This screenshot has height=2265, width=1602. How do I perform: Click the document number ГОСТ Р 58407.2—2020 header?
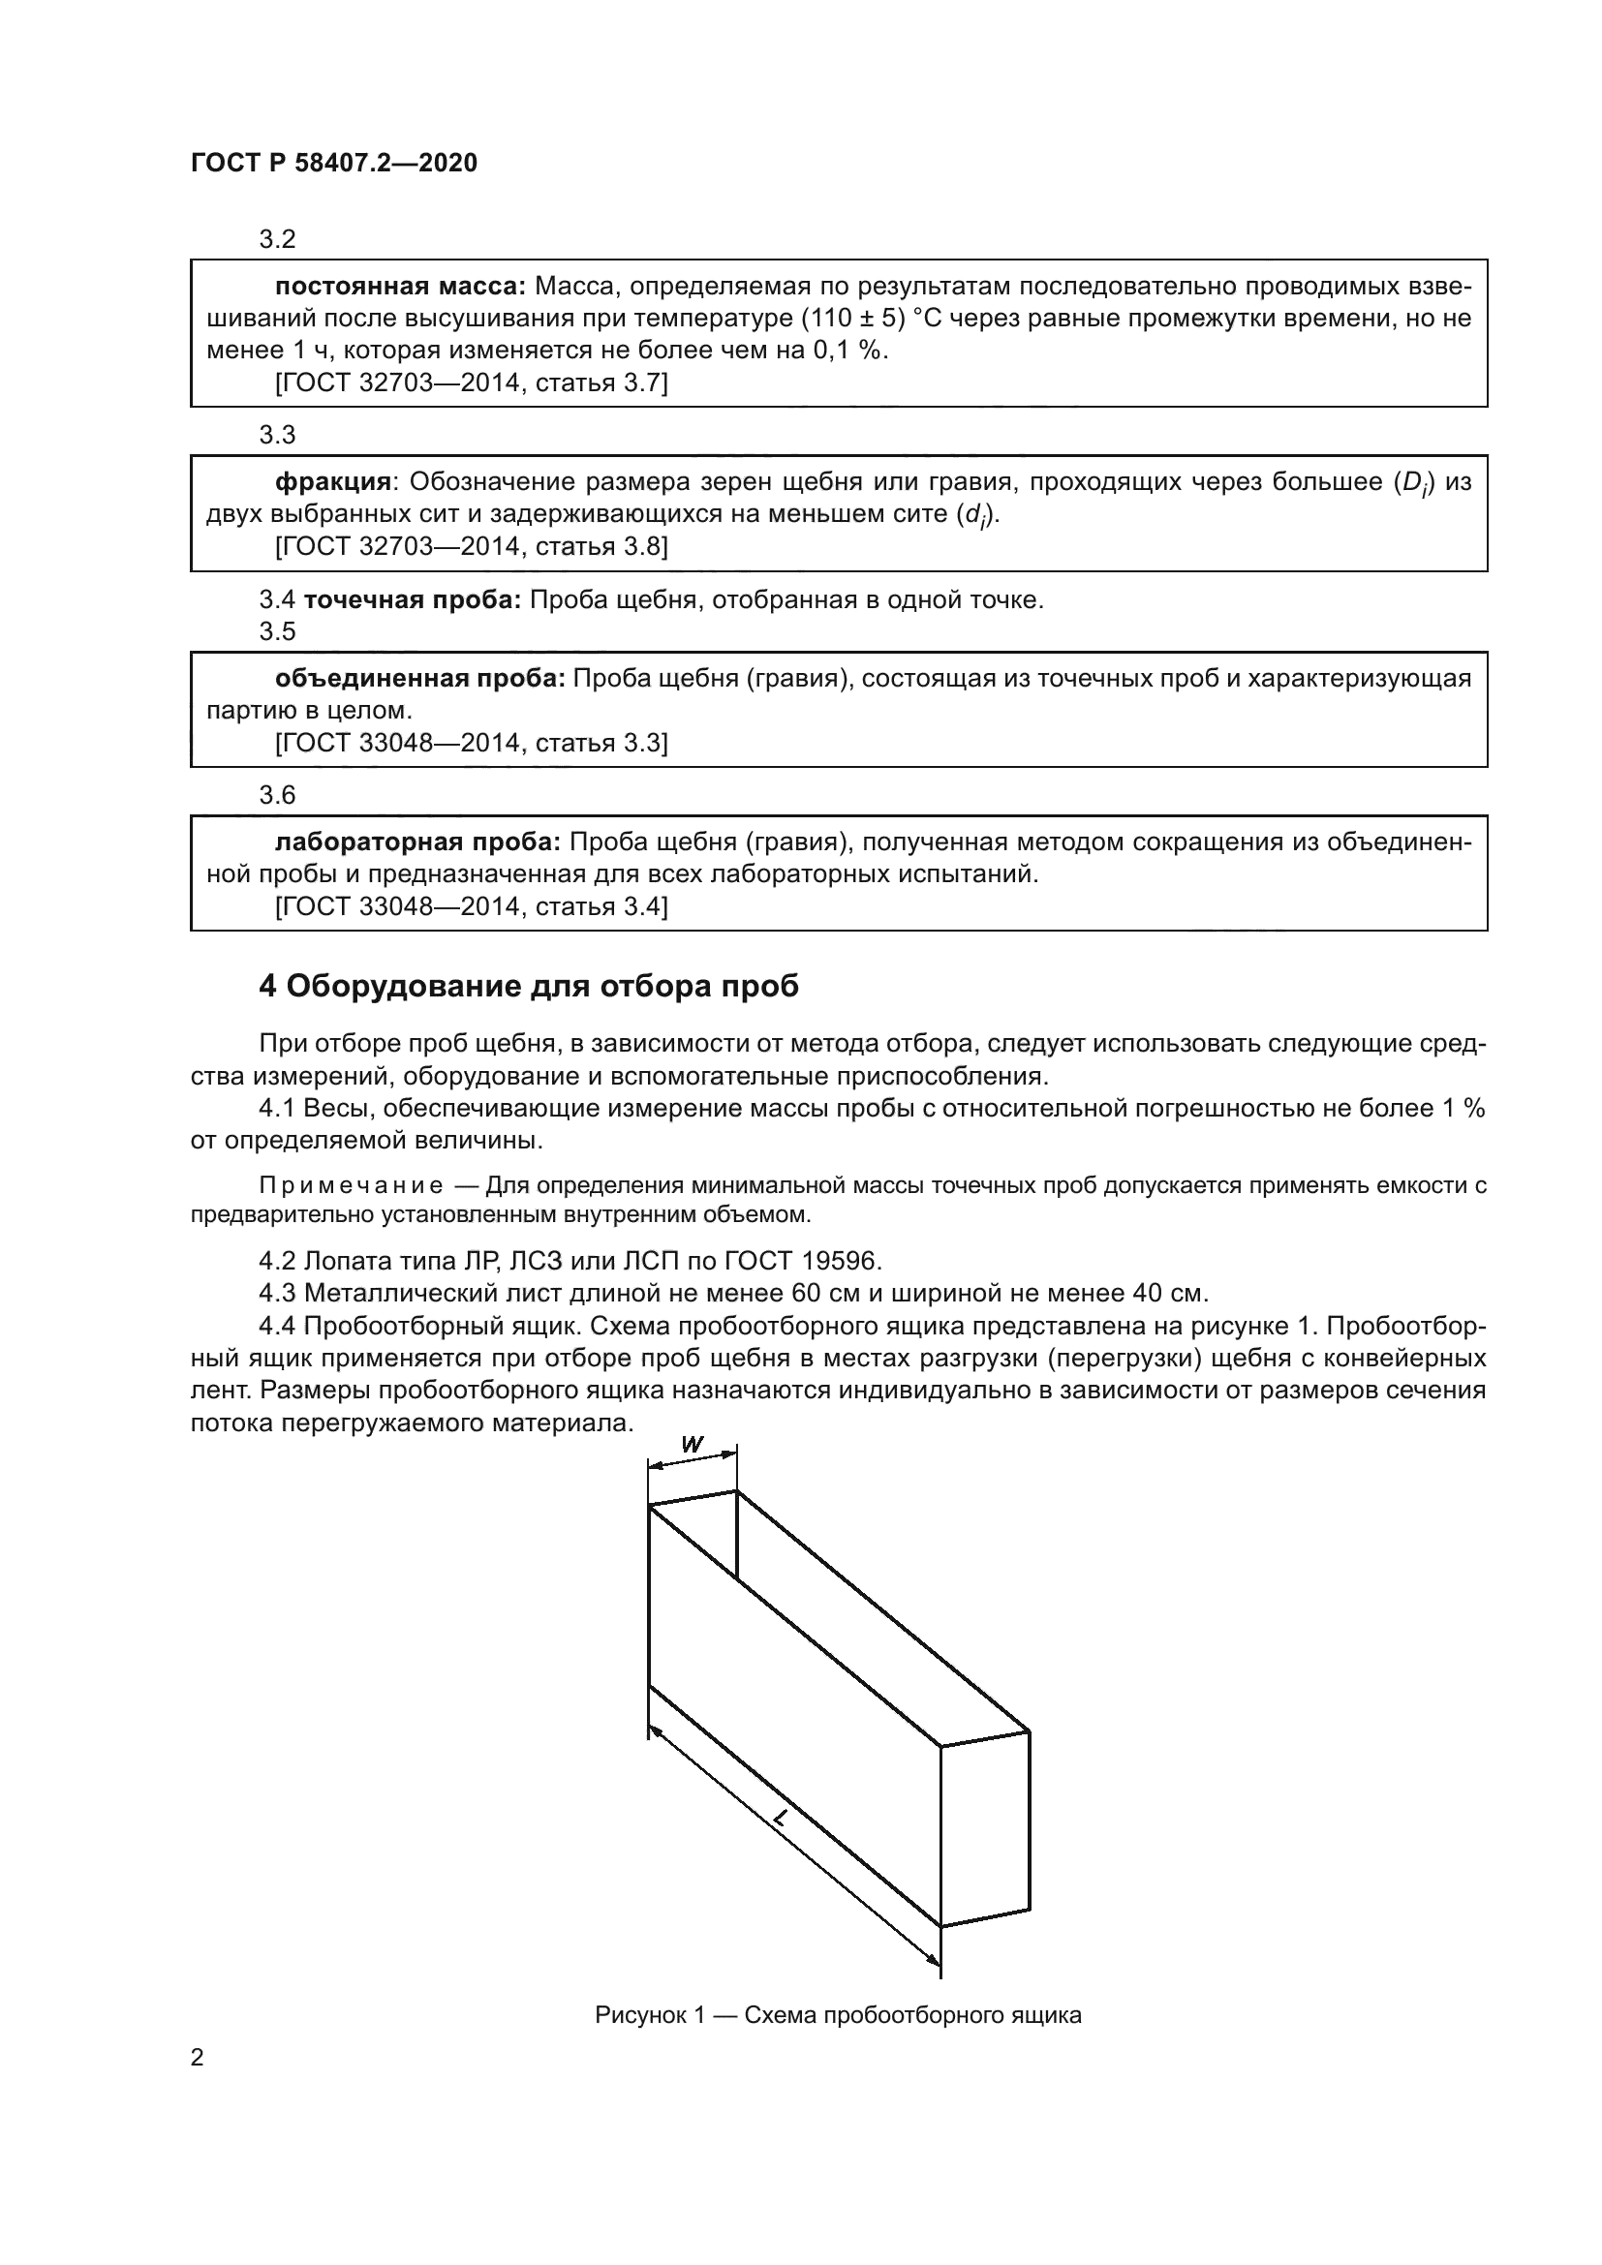pyautogui.click(x=333, y=164)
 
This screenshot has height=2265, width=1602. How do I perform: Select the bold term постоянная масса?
pyautogui.click(x=401, y=287)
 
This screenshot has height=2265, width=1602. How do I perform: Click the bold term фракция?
pyautogui.click(x=332, y=482)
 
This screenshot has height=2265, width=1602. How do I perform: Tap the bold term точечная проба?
pyautogui.click(x=413, y=599)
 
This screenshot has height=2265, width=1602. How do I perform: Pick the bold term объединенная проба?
pyautogui.click(x=419, y=679)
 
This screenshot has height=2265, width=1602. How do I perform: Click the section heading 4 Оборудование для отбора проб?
pyautogui.click(x=529, y=986)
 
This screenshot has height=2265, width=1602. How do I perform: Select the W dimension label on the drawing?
pyautogui.click(x=693, y=1445)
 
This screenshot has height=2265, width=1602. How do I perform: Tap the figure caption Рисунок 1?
pyautogui.click(x=838, y=2035)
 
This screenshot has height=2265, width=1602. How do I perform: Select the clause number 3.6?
pyautogui.click(x=277, y=795)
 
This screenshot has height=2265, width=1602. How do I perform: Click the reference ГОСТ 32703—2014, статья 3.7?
pyautogui.click(x=471, y=383)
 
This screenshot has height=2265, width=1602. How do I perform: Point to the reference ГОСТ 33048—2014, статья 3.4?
pyautogui.click(x=471, y=905)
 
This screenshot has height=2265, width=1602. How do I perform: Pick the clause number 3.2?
pyautogui.click(x=277, y=240)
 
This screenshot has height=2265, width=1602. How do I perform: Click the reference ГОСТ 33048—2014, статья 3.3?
pyautogui.click(x=471, y=743)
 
